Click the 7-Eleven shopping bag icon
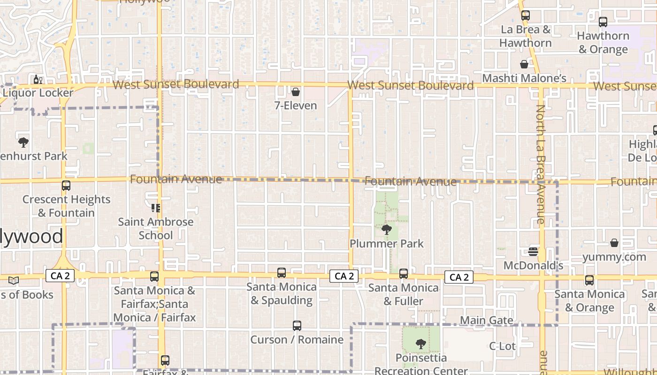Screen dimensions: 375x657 point(296,92)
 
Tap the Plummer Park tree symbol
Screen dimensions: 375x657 point(387,229)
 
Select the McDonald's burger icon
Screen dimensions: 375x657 point(533,252)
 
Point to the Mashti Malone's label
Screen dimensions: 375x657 point(524,78)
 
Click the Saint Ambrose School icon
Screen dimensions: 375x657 point(156,208)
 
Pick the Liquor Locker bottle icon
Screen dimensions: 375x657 point(38,79)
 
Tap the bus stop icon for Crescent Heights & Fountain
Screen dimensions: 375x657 point(66,186)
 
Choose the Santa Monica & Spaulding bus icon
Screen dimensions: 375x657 point(282,273)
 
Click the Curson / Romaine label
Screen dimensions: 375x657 point(297,339)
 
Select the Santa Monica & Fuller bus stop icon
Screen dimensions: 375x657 point(404,274)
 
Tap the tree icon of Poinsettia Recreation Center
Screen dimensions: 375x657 point(421,344)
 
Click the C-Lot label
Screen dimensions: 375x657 point(502,346)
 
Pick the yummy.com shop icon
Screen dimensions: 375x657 point(614,243)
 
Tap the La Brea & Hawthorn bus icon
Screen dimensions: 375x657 point(526,15)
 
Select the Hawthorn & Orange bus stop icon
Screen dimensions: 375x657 point(603,22)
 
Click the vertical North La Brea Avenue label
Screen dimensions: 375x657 point(540,164)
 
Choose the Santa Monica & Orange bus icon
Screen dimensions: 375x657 point(589,280)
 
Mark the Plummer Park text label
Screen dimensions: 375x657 point(387,244)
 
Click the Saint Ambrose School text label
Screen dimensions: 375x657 point(156,228)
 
